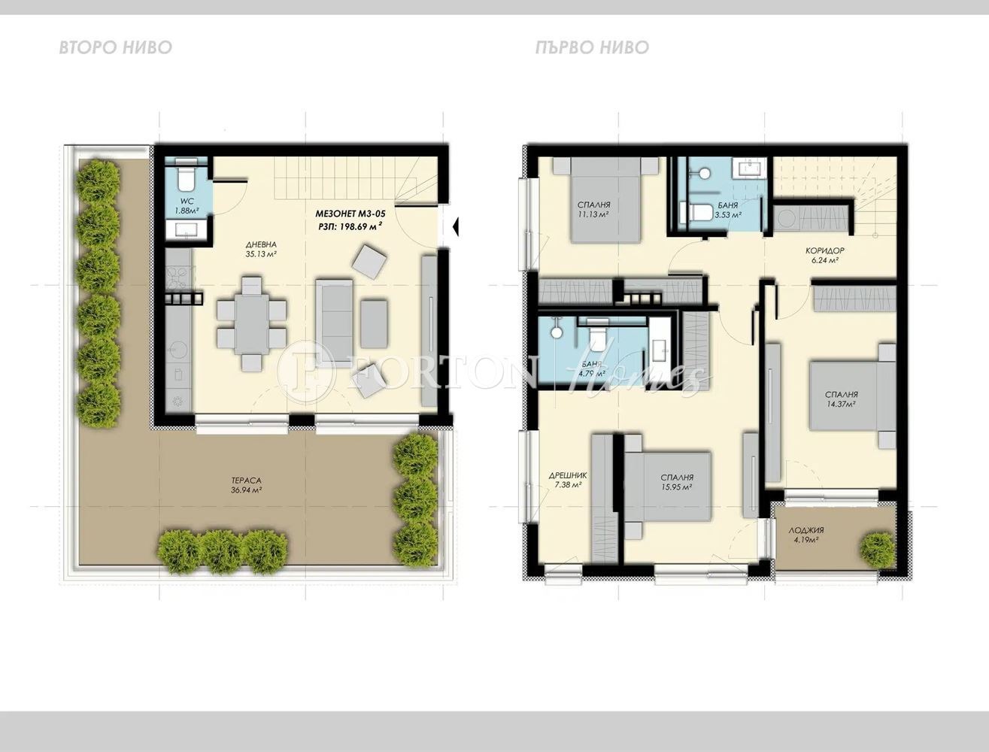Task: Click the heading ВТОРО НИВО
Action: click(x=115, y=48)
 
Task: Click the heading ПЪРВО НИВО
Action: click(x=592, y=48)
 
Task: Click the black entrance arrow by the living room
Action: click(x=457, y=225)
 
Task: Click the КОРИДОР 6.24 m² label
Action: click(x=824, y=256)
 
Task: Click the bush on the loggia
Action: click(x=877, y=550)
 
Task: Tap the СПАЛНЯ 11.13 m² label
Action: click(x=593, y=209)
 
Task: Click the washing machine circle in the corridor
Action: click(x=787, y=219)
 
